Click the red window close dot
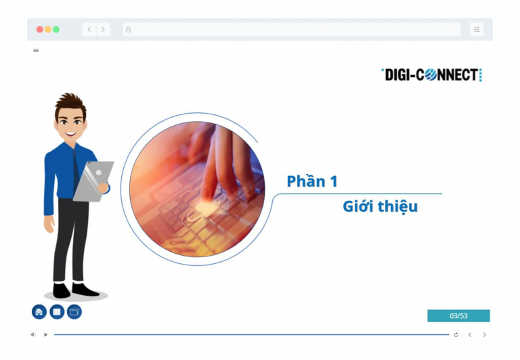tap(39, 30)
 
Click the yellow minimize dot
tap(47, 30)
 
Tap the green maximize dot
tap(56, 30)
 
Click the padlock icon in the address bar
tap(128, 30)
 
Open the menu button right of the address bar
tap(477, 30)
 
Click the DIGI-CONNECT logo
tap(432, 75)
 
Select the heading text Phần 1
tap(312, 181)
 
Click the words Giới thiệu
tap(380, 207)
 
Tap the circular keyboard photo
tap(196, 189)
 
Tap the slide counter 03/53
tap(458, 316)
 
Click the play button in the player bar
tap(46, 334)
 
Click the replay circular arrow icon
tap(456, 334)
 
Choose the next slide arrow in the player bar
tap(484, 334)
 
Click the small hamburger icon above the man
tap(36, 50)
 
